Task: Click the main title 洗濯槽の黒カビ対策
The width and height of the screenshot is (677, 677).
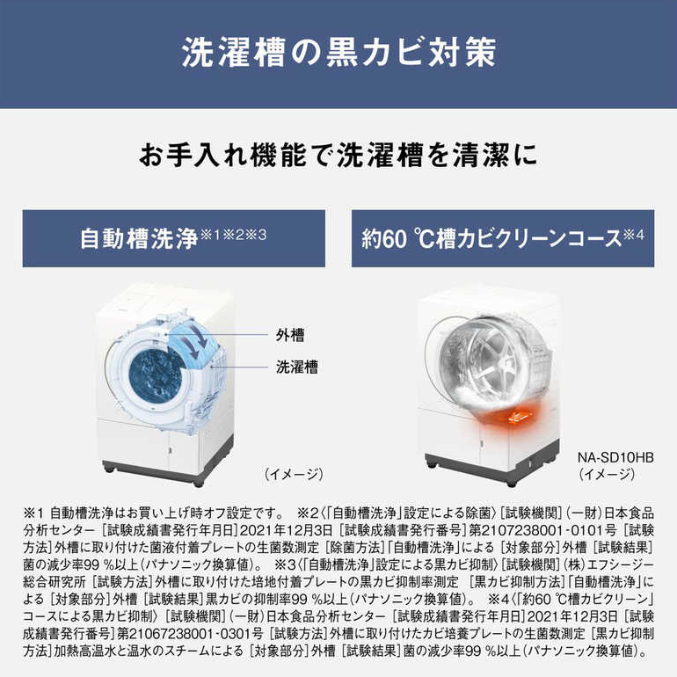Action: pyautogui.click(x=338, y=52)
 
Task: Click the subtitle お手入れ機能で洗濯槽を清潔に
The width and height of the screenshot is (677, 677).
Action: pyautogui.click(x=338, y=155)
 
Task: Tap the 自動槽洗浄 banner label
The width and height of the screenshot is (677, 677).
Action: pyautogui.click(x=139, y=239)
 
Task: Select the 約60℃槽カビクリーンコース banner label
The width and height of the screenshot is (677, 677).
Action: pyautogui.click(x=491, y=239)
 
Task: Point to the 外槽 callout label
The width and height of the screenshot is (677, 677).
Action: pyautogui.click(x=290, y=335)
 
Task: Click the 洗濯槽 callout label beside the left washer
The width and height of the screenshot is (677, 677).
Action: pyautogui.click(x=297, y=367)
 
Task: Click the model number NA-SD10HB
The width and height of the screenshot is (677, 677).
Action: pyautogui.click(x=615, y=457)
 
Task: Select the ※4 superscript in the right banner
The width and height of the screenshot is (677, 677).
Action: pyautogui.click(x=633, y=235)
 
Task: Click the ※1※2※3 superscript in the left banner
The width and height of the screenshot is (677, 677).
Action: pyautogui.click(x=233, y=235)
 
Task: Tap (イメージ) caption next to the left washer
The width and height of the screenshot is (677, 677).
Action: pyautogui.click(x=294, y=474)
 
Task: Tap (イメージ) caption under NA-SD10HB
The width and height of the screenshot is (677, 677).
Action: pyautogui.click(x=607, y=474)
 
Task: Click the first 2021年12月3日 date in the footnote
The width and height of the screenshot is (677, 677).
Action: pyautogui.click(x=286, y=530)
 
